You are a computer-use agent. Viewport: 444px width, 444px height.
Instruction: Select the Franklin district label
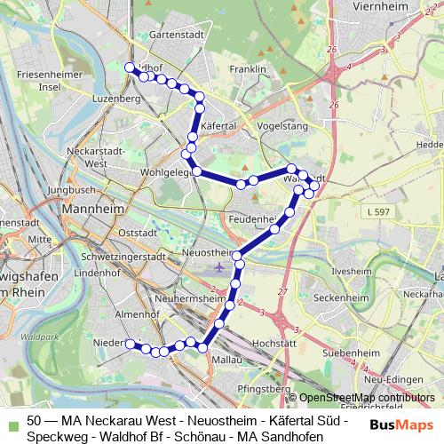pyautogui.click(x=248, y=68)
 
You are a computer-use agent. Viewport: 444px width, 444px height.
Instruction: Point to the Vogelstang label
pyautogui.click(x=281, y=126)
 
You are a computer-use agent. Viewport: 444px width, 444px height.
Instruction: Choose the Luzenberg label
pyautogui.click(x=116, y=99)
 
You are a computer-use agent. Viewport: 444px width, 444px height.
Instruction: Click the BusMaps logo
pyautogui.click(x=396, y=425)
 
